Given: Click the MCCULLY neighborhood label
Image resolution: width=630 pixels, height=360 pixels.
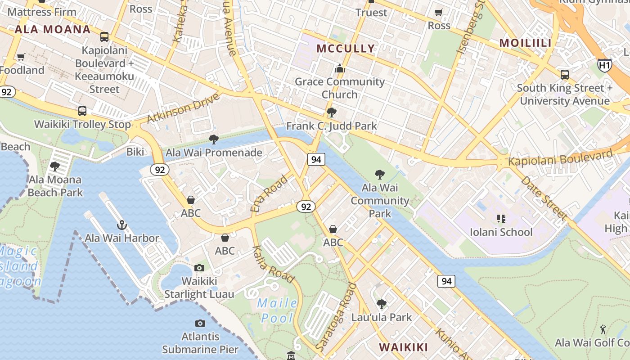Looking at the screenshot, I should pyautogui.click(x=346, y=49).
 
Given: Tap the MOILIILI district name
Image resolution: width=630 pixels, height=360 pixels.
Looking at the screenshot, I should pyautogui.click(x=526, y=43).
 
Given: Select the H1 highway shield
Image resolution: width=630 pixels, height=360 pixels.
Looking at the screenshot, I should pyautogui.click(x=604, y=66).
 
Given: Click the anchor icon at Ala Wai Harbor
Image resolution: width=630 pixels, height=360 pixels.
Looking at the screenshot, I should pyautogui.click(x=121, y=225).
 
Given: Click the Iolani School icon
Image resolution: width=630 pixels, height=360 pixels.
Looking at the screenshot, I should pyautogui.click(x=501, y=219).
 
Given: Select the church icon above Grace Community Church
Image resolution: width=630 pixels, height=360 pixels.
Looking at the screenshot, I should pyautogui.click(x=340, y=68).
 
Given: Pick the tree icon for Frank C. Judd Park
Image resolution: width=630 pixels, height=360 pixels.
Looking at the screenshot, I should pyautogui.click(x=332, y=112).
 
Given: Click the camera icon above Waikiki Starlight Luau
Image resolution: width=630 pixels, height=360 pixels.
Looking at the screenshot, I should pyautogui.click(x=199, y=268).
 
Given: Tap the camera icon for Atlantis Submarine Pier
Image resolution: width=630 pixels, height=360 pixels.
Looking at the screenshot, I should pyautogui.click(x=200, y=323).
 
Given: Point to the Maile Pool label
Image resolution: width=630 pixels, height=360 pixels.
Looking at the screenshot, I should pyautogui.click(x=278, y=310).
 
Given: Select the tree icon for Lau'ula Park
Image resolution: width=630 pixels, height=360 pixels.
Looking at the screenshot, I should pyautogui.click(x=382, y=304).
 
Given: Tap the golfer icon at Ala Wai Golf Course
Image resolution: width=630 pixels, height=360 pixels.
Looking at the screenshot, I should pyautogui.click(x=603, y=329).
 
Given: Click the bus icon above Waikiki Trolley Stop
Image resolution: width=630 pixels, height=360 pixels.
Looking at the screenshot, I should pyautogui.click(x=82, y=111).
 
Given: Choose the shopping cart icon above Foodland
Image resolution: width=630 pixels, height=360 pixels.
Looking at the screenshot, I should pyautogui.click(x=21, y=57).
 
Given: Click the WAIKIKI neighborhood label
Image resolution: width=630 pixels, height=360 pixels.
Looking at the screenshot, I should pyautogui.click(x=403, y=347).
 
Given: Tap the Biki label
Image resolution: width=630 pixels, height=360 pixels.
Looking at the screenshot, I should pyautogui.click(x=135, y=152).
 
